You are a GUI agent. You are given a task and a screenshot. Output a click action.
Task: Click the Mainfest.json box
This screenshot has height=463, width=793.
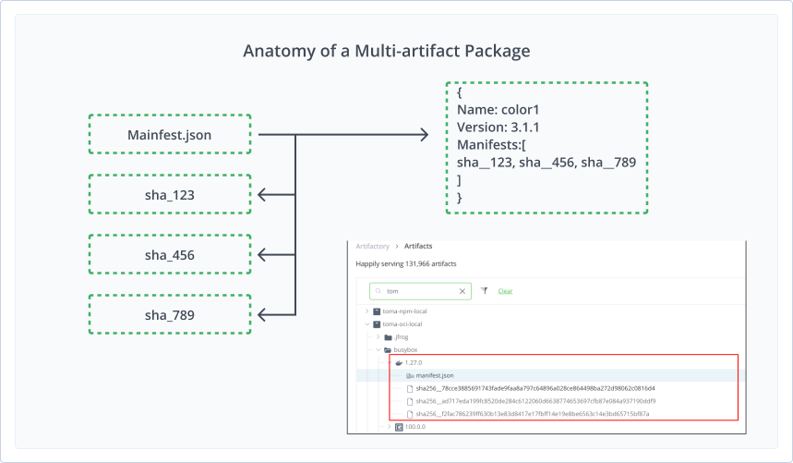[169, 135]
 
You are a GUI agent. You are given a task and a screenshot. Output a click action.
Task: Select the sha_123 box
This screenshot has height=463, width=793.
[169, 194]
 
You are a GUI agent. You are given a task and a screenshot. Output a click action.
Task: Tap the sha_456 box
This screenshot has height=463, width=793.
[169, 254]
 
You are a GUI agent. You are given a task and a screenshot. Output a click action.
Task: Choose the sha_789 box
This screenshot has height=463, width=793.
[169, 314]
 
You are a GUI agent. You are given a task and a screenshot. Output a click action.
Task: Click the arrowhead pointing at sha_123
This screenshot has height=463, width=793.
[262, 194]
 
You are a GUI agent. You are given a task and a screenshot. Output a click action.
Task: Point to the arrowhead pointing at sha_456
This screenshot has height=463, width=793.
[262, 254]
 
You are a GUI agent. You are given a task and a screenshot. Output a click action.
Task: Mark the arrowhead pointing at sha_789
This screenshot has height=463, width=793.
[262, 314]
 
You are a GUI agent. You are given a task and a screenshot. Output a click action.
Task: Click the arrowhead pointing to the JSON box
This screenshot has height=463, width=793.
[423, 135]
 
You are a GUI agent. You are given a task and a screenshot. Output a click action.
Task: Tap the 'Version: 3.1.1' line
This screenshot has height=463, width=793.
[505, 127]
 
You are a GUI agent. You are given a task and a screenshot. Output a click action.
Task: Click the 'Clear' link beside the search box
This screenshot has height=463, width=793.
[505, 290]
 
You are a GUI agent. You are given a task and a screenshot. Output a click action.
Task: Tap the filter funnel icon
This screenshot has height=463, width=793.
[484, 290]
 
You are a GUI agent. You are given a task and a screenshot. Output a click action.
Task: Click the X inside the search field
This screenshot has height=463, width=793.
[463, 290]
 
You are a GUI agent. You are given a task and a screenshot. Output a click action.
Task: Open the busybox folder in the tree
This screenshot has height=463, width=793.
[406, 350]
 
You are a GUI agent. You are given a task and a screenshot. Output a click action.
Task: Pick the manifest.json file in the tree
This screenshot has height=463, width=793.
[435, 376]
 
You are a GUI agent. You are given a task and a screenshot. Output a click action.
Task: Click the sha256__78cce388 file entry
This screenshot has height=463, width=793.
[535, 388]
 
